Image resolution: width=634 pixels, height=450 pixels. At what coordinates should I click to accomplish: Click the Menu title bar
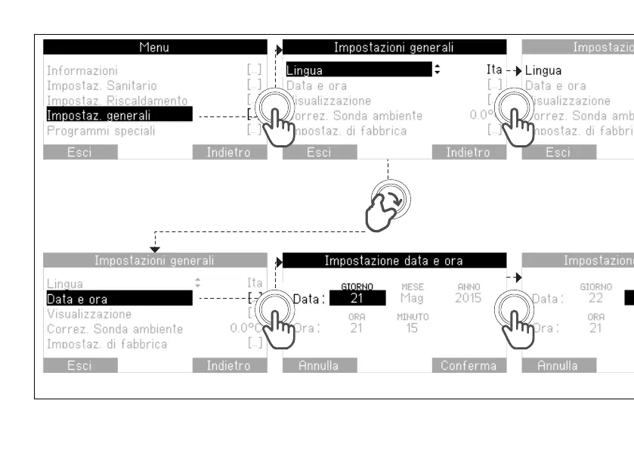(x=155, y=47)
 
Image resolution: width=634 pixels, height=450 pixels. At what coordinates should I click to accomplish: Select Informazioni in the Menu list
(x=82, y=70)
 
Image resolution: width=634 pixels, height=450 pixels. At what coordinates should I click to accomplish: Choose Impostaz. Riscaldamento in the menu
(x=117, y=101)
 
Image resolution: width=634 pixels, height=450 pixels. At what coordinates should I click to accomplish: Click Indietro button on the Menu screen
(x=229, y=152)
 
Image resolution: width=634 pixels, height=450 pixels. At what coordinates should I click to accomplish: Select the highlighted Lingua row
(x=358, y=70)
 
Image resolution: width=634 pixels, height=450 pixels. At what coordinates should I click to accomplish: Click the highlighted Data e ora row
(x=117, y=299)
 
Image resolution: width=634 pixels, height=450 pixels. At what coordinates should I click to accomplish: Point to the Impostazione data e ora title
(x=394, y=261)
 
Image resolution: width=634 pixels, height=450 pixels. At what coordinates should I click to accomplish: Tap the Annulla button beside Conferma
(x=319, y=365)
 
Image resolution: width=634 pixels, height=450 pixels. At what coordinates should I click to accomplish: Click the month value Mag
(x=413, y=298)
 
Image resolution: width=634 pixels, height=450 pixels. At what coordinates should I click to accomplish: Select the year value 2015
(x=468, y=298)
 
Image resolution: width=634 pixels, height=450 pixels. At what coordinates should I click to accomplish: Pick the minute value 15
(x=413, y=327)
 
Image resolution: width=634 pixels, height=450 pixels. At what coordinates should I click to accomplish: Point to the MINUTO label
(x=413, y=316)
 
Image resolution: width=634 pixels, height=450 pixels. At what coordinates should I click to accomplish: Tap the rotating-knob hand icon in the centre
(x=387, y=205)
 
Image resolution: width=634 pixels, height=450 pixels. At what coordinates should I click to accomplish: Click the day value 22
(x=596, y=298)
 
